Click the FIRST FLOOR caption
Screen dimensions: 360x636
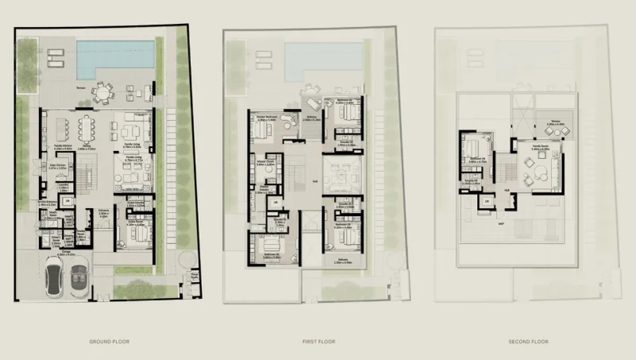[x=318, y=342]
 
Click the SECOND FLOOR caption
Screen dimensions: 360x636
[x=527, y=342]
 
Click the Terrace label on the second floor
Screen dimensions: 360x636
[x=554, y=123]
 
